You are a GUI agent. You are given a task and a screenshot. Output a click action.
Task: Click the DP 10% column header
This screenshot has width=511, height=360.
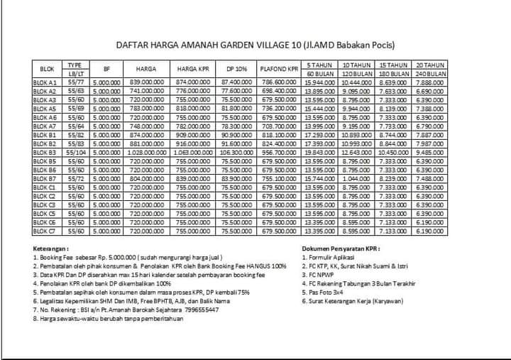coord(236,69)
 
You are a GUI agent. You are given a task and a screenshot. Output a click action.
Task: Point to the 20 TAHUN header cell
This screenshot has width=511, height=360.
coord(430,65)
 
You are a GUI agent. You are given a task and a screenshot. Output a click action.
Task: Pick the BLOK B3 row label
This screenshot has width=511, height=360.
coord(45,152)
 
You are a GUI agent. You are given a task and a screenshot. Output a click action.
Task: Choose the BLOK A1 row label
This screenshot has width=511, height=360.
coord(45,82)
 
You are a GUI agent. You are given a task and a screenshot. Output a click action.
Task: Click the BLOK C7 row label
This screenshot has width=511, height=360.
coord(45,231)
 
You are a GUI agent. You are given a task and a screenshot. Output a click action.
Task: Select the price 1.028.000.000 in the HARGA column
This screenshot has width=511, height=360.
coord(148,152)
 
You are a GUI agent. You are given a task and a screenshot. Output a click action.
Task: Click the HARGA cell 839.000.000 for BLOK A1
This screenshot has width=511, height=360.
coord(148,82)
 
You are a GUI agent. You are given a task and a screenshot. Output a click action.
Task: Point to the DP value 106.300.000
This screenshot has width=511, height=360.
coord(236,152)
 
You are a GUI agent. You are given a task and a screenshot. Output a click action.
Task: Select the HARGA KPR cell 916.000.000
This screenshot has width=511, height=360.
coord(194,143)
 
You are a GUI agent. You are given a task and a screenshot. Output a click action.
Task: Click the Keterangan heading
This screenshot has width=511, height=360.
coord(51,249)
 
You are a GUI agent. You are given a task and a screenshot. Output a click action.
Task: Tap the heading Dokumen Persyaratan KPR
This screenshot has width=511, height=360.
coord(340,249)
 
